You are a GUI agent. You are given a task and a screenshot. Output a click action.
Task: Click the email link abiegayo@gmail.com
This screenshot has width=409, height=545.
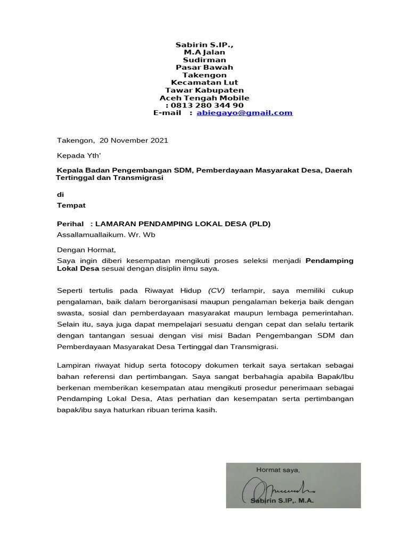[x=244, y=113]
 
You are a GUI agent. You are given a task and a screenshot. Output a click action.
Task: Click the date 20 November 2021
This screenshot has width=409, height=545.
[x=134, y=141]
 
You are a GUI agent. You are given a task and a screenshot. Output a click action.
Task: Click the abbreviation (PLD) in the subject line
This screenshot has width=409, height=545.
[x=259, y=224]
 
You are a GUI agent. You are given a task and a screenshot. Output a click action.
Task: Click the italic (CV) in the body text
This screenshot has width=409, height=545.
[x=217, y=291]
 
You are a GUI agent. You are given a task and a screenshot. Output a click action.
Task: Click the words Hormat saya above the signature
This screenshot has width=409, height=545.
[x=279, y=469]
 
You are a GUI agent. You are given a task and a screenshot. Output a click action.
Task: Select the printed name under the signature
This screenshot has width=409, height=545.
[x=283, y=501]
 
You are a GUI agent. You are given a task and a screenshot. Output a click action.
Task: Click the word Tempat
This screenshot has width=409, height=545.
[x=71, y=205]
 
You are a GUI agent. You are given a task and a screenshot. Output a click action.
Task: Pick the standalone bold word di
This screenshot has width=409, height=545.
[x=60, y=195]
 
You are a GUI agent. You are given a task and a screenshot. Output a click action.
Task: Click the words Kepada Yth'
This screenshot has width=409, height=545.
[x=75, y=156]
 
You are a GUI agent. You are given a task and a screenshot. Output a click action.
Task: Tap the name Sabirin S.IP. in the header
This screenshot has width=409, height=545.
[x=204, y=46]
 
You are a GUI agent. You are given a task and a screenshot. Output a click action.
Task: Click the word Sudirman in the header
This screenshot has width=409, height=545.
[x=204, y=60]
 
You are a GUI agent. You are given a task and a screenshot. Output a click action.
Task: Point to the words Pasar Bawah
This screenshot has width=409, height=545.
[x=204, y=68]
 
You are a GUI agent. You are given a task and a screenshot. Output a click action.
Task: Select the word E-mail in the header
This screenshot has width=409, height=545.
[x=168, y=113]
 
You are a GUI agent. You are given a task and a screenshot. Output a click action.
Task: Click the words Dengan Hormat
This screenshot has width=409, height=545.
[x=86, y=249]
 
